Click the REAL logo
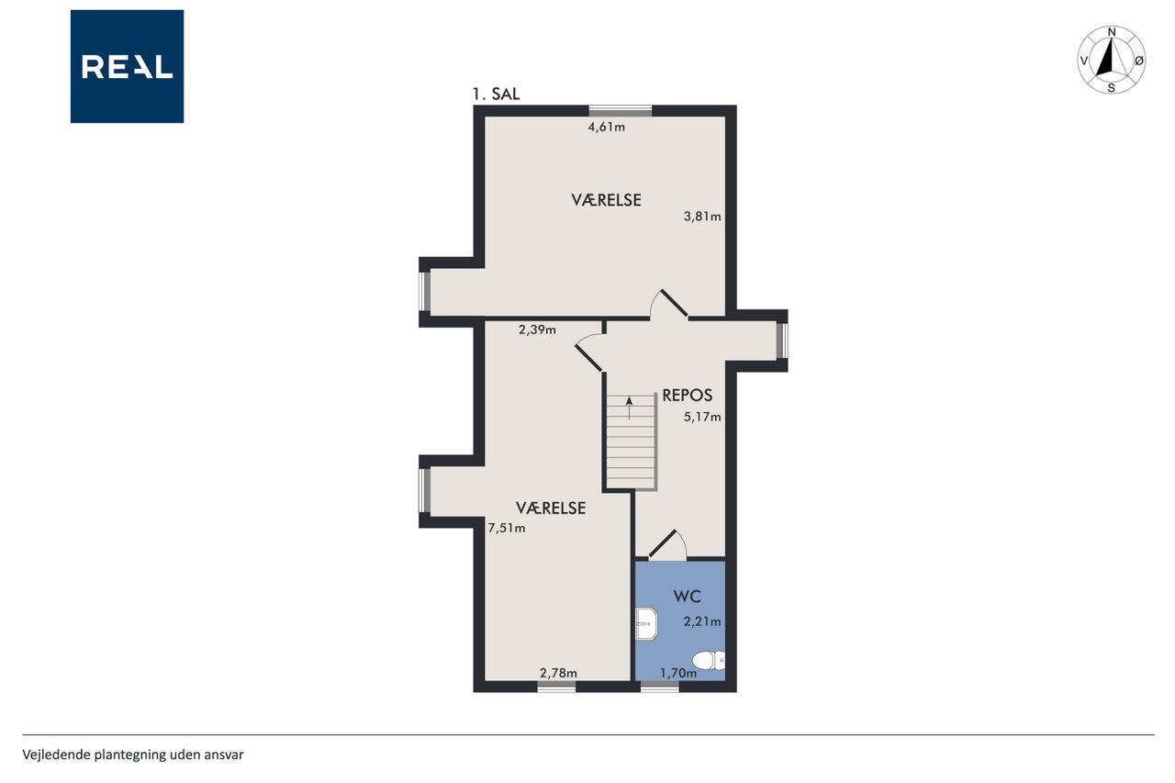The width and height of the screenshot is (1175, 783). point(127,67)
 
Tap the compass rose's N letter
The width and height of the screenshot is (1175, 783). point(1112,32)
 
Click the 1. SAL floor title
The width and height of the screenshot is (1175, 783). point(496,95)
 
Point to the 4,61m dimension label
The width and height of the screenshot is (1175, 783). point(607,127)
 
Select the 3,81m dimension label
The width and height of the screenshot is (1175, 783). point(702,217)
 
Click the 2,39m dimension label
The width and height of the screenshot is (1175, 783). point(537,330)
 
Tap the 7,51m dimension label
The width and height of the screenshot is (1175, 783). point(507,528)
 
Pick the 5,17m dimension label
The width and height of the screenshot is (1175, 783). point(702,417)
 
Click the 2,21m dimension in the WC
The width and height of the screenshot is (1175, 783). point(702,621)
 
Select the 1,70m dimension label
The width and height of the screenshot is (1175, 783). point(678,673)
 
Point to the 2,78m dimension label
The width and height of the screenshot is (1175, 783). point(559,673)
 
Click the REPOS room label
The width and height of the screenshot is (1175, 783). point(688,396)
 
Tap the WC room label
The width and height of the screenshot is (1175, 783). point(688,597)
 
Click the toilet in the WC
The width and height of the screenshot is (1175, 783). point(709,660)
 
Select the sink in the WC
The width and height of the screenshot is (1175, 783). point(646,623)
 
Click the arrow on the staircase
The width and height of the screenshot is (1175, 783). point(630,408)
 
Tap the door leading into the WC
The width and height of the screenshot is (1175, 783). point(667,545)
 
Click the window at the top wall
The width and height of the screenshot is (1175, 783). point(620,111)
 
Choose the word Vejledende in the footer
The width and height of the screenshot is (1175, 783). point(56,755)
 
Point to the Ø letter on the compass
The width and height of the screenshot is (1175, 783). point(1139,61)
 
